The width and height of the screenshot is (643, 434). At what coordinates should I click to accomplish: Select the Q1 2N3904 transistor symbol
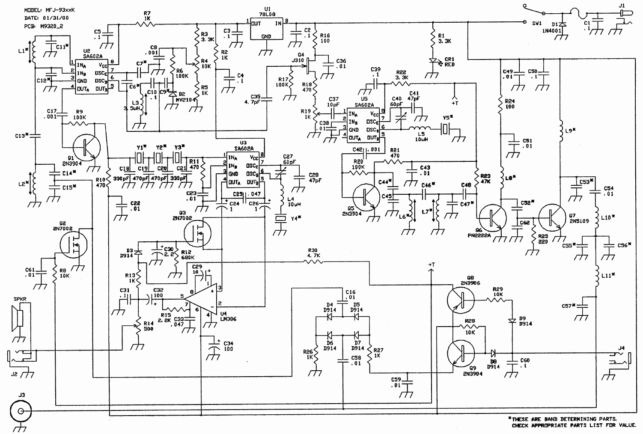pos(87,148)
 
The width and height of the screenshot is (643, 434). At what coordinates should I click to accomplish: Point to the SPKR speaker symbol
pos(18,318)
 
